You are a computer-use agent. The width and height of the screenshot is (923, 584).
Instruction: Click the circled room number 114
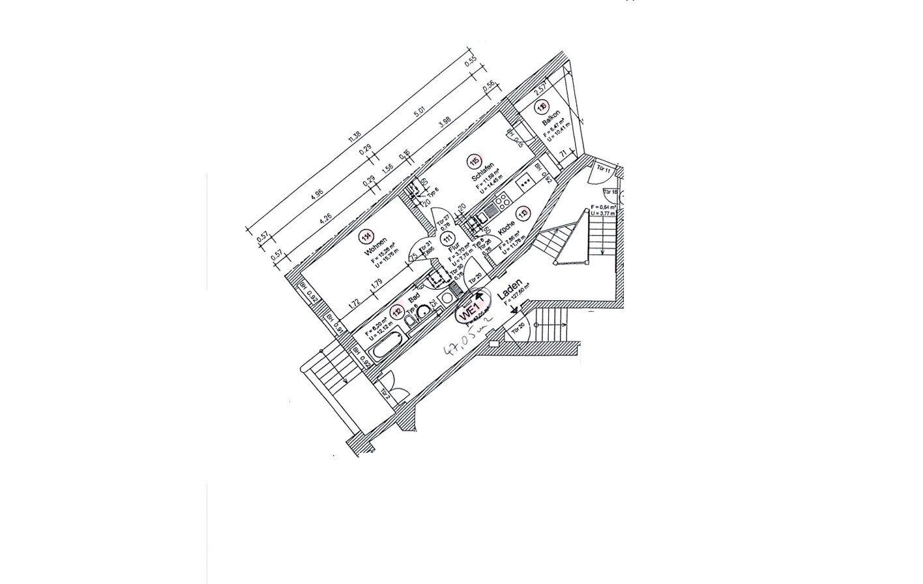[368, 237]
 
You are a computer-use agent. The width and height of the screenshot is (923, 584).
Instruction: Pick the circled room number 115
[475, 162]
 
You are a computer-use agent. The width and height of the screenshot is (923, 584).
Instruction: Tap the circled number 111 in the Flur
[447, 239]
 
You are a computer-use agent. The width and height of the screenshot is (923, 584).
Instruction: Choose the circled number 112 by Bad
[398, 312]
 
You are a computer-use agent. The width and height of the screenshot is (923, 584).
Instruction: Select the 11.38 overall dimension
[354, 136]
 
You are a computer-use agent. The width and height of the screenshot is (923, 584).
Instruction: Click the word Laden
[510, 290]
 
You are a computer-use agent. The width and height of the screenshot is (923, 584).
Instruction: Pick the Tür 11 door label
[603, 170]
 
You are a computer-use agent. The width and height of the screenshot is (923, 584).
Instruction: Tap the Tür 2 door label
[385, 393]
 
